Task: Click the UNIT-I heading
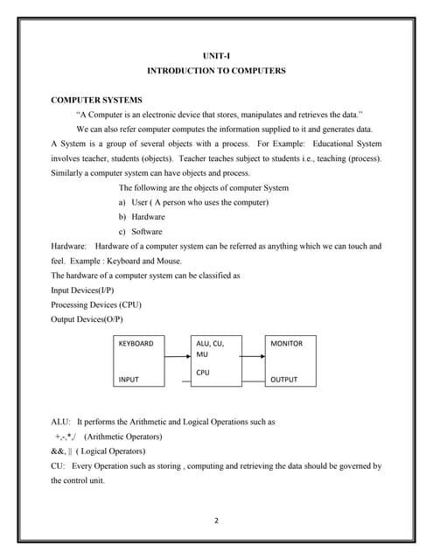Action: pyautogui.click(x=215, y=55)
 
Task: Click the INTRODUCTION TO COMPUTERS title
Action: pyautogui.click(x=215, y=70)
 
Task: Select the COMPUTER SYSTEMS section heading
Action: pyautogui.click(x=96, y=101)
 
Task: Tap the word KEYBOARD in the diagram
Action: pyautogui.click(x=136, y=344)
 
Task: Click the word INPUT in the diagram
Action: pyautogui.click(x=129, y=380)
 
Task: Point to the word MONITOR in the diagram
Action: pyautogui.click(x=287, y=344)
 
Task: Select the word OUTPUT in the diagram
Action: pyautogui.click(x=284, y=380)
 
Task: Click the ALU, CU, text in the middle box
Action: pyautogui.click(x=210, y=344)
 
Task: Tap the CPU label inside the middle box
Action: pyautogui.click(x=202, y=372)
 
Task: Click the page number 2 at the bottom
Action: pyautogui.click(x=216, y=521)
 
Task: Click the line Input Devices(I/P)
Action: pyautogui.click(x=82, y=290)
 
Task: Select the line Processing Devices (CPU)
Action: pyautogui.click(x=96, y=304)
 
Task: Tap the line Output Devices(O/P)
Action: pyautogui.click(x=87, y=319)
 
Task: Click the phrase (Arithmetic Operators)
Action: pyautogui.click(x=122, y=437)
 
